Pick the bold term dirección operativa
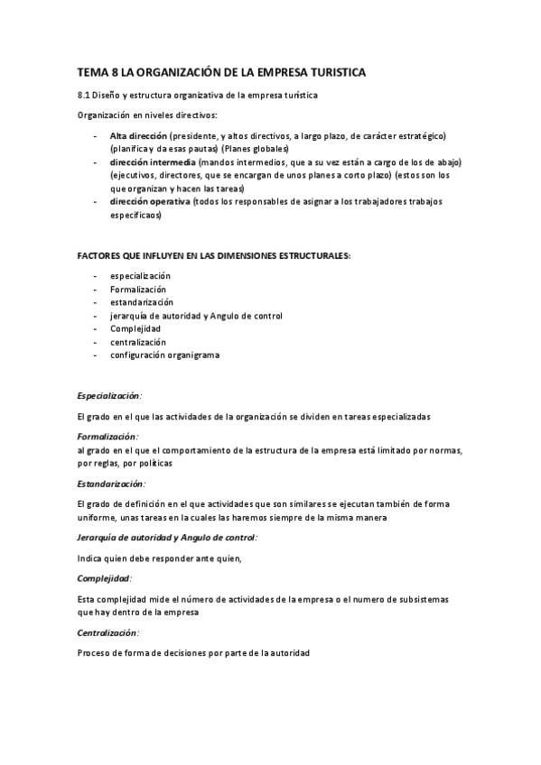[150, 202]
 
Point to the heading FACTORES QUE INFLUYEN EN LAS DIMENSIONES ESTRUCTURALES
[214, 256]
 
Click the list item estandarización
[142, 302]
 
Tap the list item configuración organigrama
[164, 355]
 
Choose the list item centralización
[138, 342]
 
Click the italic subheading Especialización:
[109, 395]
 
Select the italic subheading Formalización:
[107, 436]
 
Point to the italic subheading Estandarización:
[111, 484]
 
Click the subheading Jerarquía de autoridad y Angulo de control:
[167, 537]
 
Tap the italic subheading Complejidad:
[105, 577]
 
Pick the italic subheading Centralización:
[108, 631]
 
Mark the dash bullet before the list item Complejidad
[97, 329]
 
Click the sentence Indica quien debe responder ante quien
[160, 558]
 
